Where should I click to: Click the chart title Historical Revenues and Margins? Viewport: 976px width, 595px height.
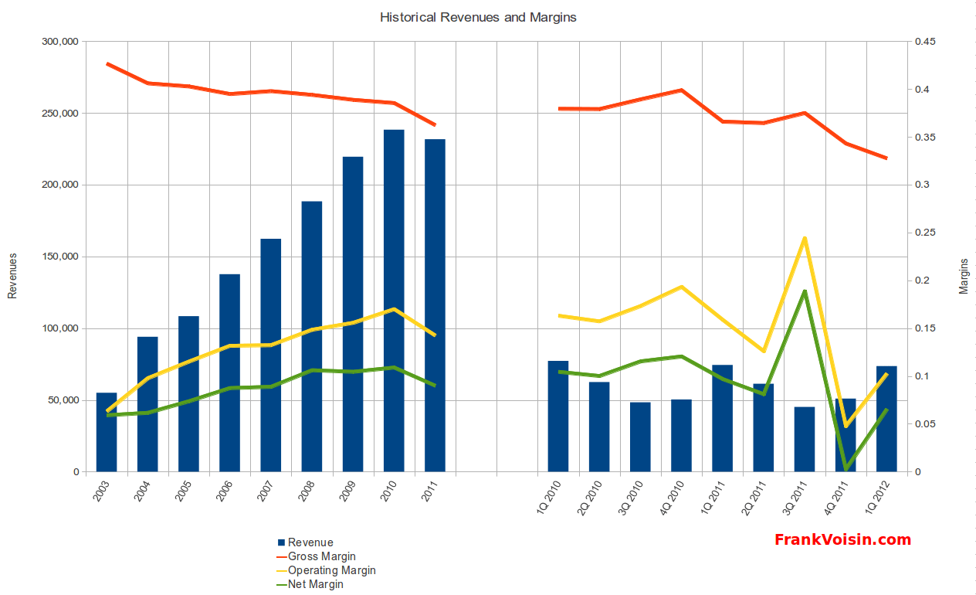pyautogui.click(x=478, y=17)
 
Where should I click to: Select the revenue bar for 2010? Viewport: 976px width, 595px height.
pyautogui.click(x=394, y=301)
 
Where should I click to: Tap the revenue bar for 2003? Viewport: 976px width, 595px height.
pyautogui.click(x=107, y=433)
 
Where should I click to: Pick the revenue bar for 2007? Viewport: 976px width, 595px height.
pyautogui.click(x=271, y=355)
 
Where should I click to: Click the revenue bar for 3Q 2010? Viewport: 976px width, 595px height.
pyautogui.click(x=640, y=437)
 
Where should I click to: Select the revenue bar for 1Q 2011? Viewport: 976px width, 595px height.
pyautogui.click(x=722, y=418)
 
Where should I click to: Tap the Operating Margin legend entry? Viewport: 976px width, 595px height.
pyautogui.click(x=331, y=570)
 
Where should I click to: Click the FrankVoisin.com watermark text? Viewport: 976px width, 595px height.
pyautogui.click(x=842, y=540)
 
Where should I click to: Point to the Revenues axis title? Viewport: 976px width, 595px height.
pyautogui.click(x=12, y=275)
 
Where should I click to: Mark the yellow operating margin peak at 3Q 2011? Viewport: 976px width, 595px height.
pyautogui.click(x=805, y=238)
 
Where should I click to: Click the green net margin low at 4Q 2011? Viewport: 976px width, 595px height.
pyautogui.click(x=846, y=468)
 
